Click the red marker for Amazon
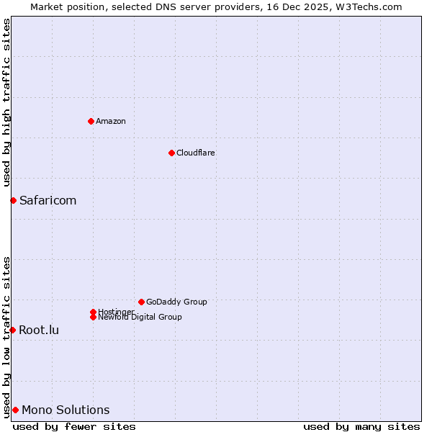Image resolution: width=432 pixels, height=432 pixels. tap(91, 121)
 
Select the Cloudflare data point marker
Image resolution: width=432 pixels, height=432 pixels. tap(171, 153)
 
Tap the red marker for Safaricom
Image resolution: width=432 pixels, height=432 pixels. tap(13, 200)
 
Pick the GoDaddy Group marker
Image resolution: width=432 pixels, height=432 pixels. tap(141, 302)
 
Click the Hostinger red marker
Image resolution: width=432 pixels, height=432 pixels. tap(93, 312)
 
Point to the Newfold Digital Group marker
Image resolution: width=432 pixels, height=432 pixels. tap(93, 317)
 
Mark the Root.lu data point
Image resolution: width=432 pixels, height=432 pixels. tap(12, 330)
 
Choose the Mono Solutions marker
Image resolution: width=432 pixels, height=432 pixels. tap(15, 410)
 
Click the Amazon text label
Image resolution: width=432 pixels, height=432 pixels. tap(111, 121)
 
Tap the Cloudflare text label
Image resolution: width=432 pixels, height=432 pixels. tap(196, 153)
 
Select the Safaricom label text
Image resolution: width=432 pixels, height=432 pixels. tap(48, 200)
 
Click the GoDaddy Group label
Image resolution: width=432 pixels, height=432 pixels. tap(176, 302)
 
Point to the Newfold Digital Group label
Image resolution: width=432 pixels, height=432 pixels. tap(140, 317)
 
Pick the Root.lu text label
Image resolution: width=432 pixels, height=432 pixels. tap(39, 330)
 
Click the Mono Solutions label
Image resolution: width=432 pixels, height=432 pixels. tap(66, 410)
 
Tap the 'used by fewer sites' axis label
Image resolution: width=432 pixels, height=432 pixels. tap(74, 426)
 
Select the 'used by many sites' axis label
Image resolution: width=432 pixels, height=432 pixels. tap(361, 426)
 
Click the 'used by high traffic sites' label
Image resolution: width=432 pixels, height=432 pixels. tap(6, 103)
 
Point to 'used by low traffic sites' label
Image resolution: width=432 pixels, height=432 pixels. tap(6, 337)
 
